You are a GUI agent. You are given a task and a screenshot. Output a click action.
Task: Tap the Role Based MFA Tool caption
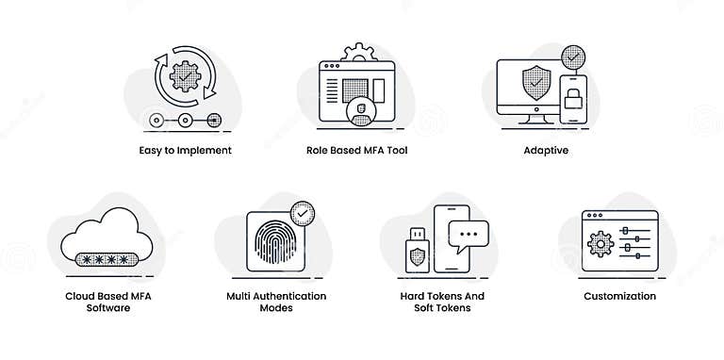click(356, 150)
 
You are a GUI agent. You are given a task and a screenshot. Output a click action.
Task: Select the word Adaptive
click(546, 150)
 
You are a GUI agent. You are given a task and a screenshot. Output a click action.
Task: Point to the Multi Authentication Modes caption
click(276, 302)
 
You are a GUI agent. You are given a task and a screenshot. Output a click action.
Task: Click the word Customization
click(619, 296)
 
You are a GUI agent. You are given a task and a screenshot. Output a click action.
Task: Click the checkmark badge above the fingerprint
click(303, 214)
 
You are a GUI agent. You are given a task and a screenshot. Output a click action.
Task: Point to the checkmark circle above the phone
click(571, 55)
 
